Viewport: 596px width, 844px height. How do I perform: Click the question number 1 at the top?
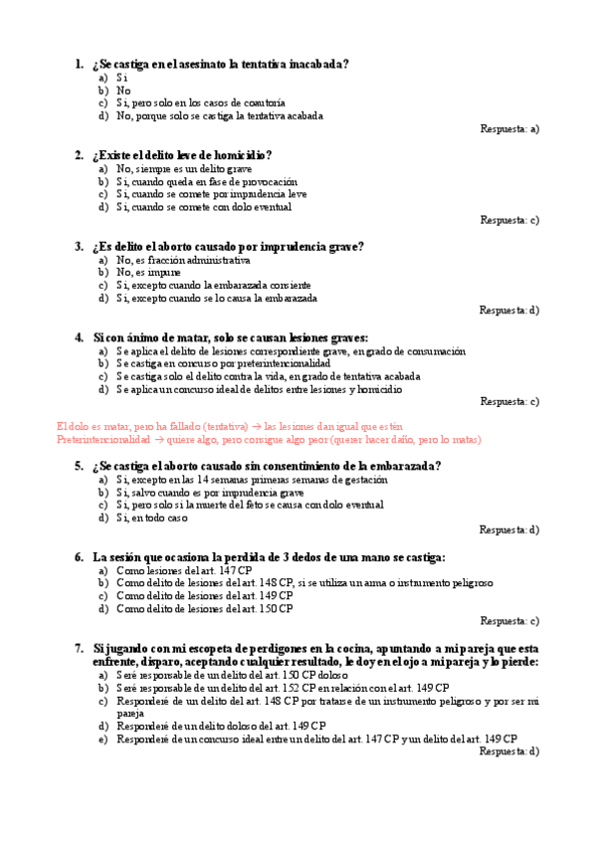click(79, 65)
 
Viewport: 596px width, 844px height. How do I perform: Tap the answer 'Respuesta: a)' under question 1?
click(508, 128)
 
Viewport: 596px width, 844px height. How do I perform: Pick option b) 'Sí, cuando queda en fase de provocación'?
click(206, 182)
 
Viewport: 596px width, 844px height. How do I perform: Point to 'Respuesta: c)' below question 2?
click(508, 220)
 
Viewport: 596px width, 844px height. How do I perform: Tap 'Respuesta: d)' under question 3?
click(508, 311)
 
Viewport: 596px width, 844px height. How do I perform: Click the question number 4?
click(79, 337)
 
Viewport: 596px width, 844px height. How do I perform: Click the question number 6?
click(79, 557)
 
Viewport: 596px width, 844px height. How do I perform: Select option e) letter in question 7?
click(102, 738)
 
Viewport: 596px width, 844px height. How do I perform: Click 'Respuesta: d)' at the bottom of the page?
click(508, 751)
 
